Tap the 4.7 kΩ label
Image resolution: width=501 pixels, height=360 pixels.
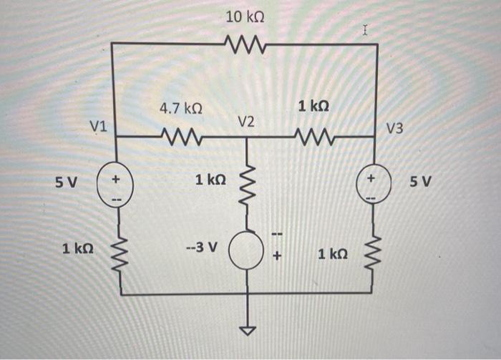click(180, 109)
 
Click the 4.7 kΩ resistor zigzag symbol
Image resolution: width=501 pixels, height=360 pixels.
click(180, 136)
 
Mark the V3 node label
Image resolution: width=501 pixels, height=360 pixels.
click(394, 129)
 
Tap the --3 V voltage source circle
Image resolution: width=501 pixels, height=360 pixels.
click(247, 248)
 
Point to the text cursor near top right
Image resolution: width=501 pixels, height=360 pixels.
click(366, 31)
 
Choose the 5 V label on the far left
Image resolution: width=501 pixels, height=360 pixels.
click(66, 182)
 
